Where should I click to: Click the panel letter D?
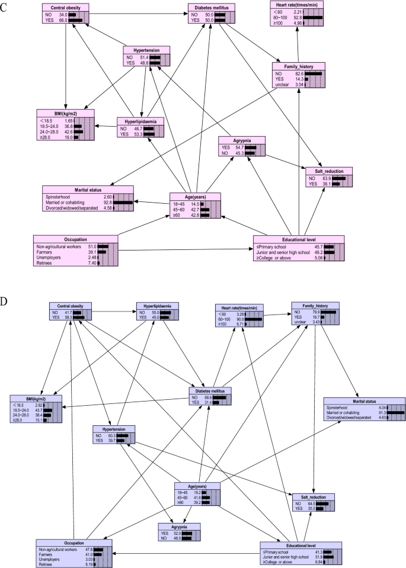(x=5, y=300)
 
